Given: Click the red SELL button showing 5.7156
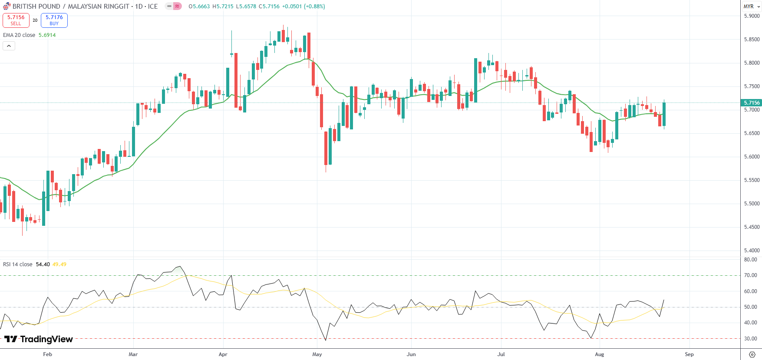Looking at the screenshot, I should (x=16, y=20).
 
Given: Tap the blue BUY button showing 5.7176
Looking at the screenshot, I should (x=54, y=20).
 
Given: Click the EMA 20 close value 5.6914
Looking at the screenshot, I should (x=47, y=35).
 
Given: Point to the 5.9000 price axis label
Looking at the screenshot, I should (x=752, y=16).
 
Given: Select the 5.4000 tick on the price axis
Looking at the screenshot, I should (x=752, y=251).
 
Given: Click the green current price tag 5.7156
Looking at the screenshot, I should (x=752, y=103).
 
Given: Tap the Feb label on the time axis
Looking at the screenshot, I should (x=48, y=354).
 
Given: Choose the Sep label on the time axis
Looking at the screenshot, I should (x=689, y=354).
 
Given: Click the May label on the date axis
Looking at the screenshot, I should (x=317, y=354).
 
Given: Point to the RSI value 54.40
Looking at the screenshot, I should (x=43, y=264).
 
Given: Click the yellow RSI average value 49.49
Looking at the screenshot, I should (x=59, y=264).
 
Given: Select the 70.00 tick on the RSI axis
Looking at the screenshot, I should (x=750, y=275).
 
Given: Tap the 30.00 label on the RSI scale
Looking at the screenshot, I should (x=750, y=339).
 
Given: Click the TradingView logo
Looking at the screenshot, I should (x=39, y=339).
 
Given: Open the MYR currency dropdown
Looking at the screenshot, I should (x=751, y=7).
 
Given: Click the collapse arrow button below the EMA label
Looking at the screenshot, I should (x=9, y=46).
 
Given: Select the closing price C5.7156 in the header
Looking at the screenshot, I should (x=269, y=7).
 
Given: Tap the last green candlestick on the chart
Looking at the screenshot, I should (x=664, y=114).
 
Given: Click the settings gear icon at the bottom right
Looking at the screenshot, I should (x=752, y=354).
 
